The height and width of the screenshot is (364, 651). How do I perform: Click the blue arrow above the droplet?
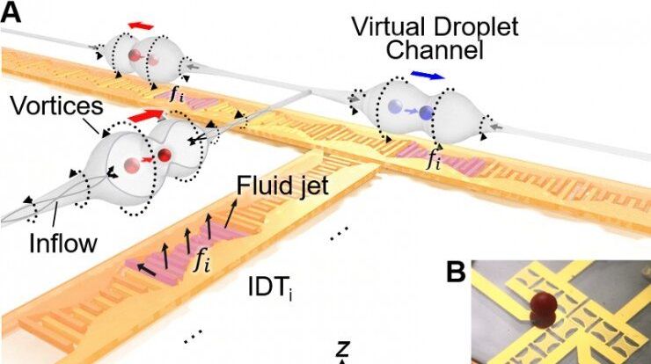click(428, 76)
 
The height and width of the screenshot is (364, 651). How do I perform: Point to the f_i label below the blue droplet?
click(433, 160)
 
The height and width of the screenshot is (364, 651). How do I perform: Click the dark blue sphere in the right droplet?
click(426, 113)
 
